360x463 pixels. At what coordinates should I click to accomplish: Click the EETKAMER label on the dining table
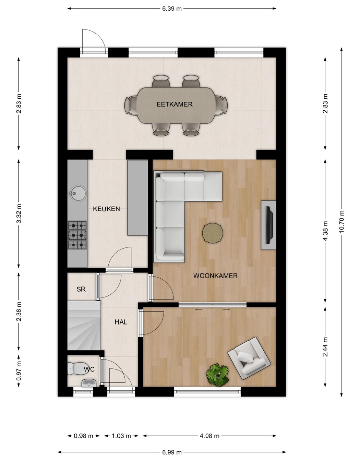coord(175,105)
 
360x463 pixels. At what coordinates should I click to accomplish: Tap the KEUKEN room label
coord(106,209)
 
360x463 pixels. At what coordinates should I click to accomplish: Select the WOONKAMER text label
coord(215,276)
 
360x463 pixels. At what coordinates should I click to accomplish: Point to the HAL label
coord(121,322)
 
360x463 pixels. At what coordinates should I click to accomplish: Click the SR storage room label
coord(81,289)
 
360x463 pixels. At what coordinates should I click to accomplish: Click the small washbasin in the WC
coord(89,383)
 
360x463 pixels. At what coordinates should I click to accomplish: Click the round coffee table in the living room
coord(213,232)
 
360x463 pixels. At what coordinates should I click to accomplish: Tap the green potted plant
coord(217,375)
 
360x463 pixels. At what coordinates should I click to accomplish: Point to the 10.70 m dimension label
coord(341,222)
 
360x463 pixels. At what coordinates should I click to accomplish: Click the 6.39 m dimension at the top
coord(172,9)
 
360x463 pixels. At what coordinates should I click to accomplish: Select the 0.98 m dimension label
coord(83,436)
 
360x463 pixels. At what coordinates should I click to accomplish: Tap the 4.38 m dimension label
coord(325,231)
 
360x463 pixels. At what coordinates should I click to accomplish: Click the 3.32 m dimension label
coord(19,214)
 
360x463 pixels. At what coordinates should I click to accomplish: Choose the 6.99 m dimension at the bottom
coord(172,452)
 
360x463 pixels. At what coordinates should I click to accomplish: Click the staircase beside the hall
coord(84,325)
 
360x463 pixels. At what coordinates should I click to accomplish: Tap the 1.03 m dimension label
coord(121,436)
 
